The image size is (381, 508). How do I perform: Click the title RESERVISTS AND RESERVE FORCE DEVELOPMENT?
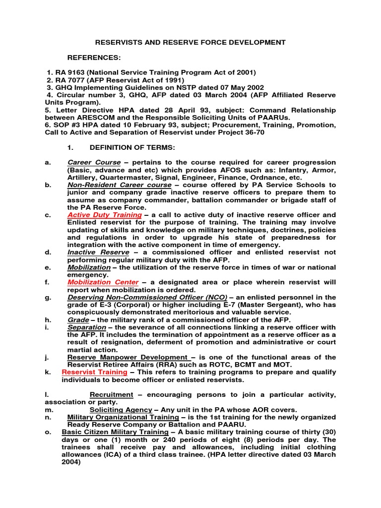click(190, 43)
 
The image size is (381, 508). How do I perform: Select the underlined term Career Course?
click(94, 163)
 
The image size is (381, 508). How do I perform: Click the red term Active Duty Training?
click(105, 215)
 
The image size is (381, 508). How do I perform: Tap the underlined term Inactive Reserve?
click(95, 253)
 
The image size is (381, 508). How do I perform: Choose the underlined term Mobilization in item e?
click(89, 267)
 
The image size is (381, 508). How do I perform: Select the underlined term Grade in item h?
click(77, 320)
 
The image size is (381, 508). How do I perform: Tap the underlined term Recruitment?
click(111, 395)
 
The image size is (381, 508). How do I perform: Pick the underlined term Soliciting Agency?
click(121, 410)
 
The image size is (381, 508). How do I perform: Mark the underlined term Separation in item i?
click(86, 327)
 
